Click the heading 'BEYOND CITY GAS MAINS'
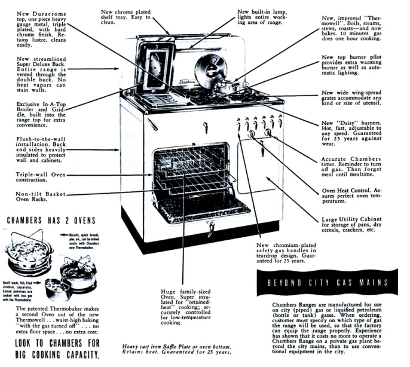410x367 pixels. coord(328,282)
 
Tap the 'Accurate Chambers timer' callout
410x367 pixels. coord(356,166)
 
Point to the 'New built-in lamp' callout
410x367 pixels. coord(262,17)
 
